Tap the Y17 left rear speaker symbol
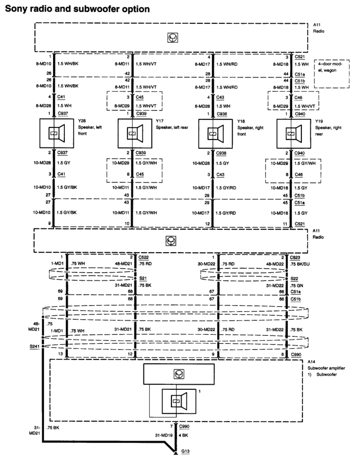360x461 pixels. click(134, 133)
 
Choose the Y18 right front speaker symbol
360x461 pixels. click(214, 133)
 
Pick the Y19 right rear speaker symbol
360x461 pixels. click(292, 133)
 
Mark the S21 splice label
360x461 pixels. click(143, 278)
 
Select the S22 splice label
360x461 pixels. click(295, 278)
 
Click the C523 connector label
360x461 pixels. click(296, 257)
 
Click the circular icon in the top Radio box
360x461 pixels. click(171, 38)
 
